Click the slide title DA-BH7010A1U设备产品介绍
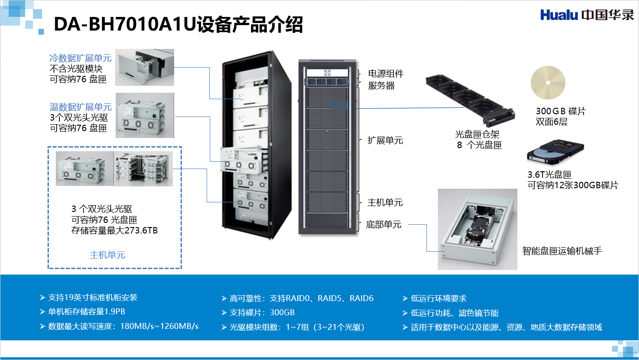(x=178, y=25)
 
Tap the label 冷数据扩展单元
(x=80, y=58)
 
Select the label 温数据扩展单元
(x=80, y=107)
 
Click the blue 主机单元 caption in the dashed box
(x=107, y=255)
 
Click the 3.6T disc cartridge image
(x=555, y=154)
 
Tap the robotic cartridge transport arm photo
(x=477, y=228)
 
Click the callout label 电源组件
(x=386, y=74)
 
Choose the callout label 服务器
(x=381, y=85)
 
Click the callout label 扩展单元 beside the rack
(x=385, y=141)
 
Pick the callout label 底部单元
(x=383, y=224)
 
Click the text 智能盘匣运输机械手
(x=562, y=250)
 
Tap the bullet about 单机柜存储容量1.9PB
(x=86, y=312)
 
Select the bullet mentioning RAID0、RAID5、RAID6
(x=302, y=298)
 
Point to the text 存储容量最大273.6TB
(x=114, y=230)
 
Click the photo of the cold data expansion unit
(x=144, y=68)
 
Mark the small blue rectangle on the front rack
(x=340, y=105)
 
